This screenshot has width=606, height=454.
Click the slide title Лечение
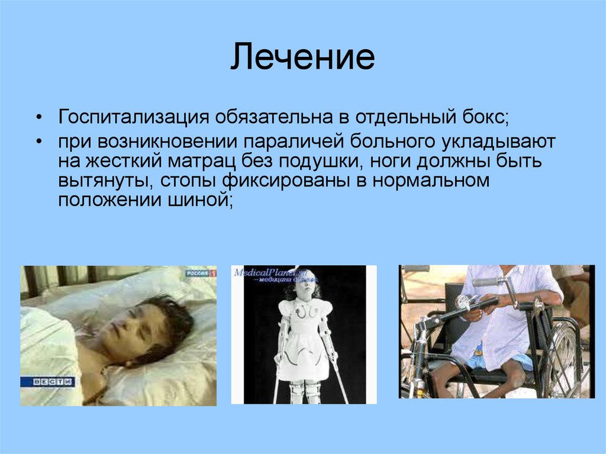coord(302,59)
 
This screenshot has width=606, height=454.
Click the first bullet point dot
coord(38,117)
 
